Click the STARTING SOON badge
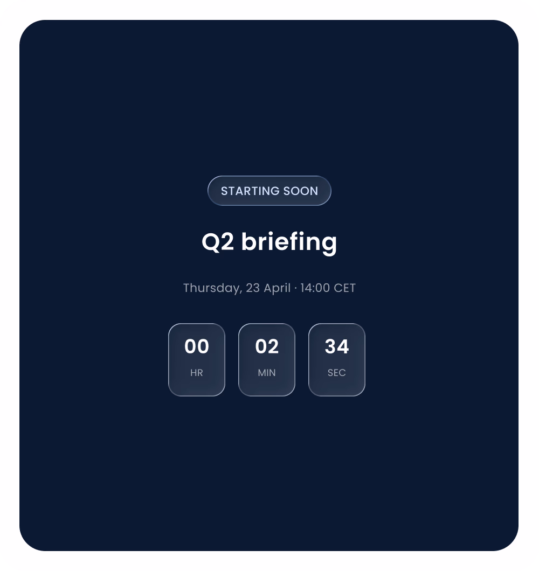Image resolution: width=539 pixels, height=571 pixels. tap(269, 191)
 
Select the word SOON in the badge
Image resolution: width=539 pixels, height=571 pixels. tap(301, 191)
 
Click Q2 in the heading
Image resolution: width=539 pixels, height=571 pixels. tap(218, 242)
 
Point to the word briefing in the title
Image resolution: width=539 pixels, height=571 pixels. tap(289, 242)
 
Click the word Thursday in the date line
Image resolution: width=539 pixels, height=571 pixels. tap(212, 288)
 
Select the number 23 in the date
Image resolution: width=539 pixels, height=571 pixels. tap(253, 288)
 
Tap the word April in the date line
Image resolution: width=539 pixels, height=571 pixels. tap(277, 288)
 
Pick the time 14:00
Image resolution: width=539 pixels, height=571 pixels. tap(315, 288)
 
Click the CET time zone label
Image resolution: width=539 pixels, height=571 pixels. tap(345, 288)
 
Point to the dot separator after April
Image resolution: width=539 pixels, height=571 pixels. tap(295, 288)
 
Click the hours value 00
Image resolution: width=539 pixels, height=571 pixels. tap(197, 347)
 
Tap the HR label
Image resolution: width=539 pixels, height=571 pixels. tap(197, 373)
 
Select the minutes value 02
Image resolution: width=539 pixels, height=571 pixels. tap(267, 347)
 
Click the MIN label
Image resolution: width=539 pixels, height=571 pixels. tap(267, 373)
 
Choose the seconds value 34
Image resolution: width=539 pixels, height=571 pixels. tap(337, 347)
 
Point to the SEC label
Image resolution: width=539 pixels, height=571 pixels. tap(337, 373)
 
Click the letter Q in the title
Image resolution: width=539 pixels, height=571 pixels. tap(211, 242)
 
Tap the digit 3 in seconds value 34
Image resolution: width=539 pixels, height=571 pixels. tap(330, 347)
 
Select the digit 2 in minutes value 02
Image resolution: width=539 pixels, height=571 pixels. tap(273, 347)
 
